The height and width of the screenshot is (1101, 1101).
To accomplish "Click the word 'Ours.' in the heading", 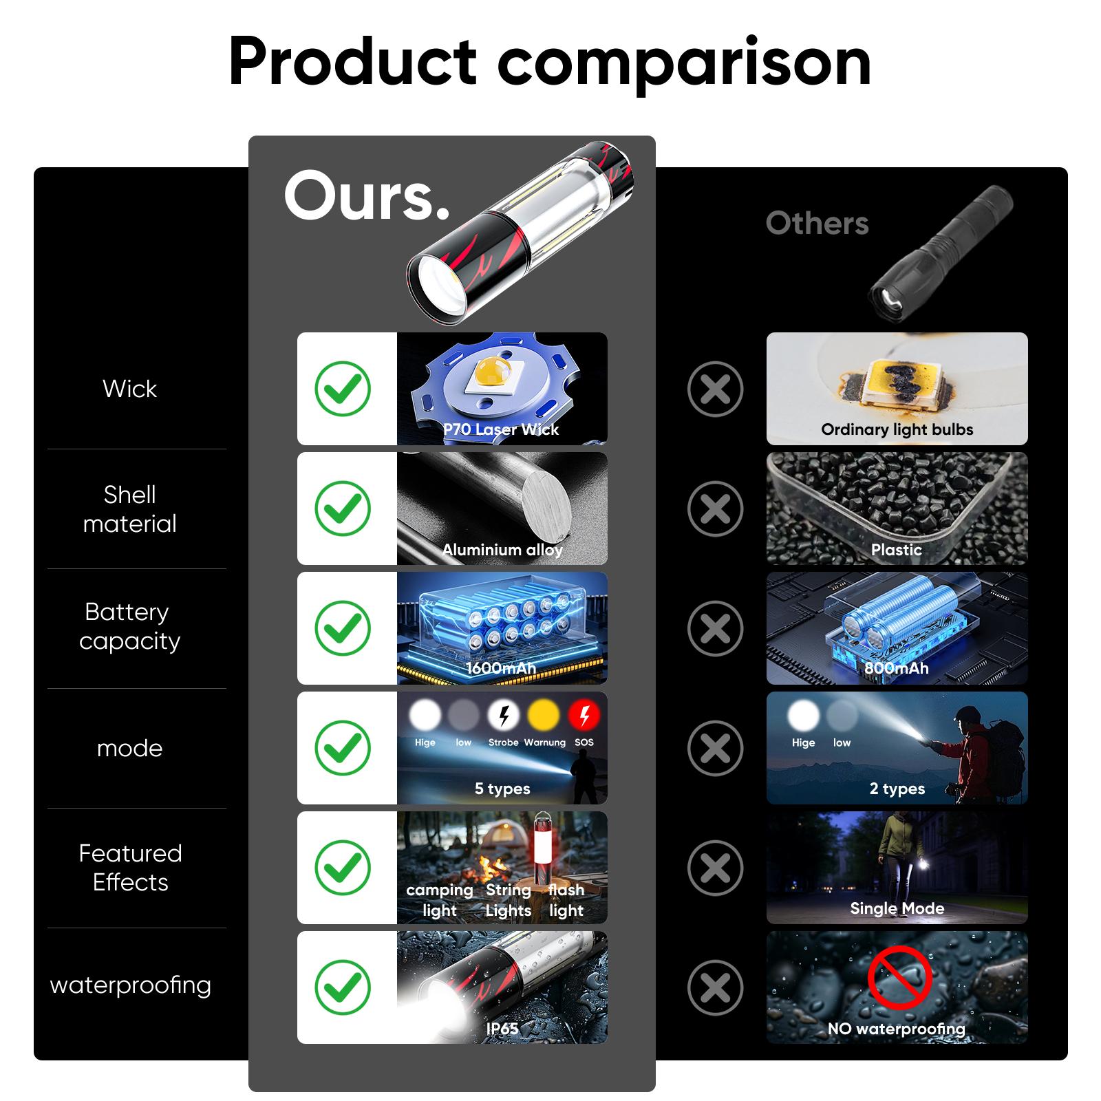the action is tap(367, 196).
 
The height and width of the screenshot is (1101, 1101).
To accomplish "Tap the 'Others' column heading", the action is tap(817, 223).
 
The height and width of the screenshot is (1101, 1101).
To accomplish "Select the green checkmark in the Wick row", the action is tap(343, 389).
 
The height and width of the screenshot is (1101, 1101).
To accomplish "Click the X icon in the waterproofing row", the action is tap(716, 987).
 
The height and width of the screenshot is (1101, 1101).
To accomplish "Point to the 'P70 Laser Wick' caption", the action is tap(501, 429).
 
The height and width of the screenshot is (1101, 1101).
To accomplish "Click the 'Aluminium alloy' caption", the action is tap(502, 550).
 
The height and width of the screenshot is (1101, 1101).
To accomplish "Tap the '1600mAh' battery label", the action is tap(501, 668).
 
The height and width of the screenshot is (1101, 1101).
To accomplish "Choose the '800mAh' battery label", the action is tap(897, 668).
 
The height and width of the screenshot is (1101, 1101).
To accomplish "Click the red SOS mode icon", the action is tap(584, 716).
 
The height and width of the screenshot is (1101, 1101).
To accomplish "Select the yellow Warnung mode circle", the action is tap(544, 716).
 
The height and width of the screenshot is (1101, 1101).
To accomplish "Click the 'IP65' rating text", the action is tap(502, 1028).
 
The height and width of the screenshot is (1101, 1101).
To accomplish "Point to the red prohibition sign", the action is tap(899, 977).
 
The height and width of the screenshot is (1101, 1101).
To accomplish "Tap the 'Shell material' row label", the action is tap(130, 509).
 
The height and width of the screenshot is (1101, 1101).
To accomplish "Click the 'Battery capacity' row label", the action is tap(129, 626).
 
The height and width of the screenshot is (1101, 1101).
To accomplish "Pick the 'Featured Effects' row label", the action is tap(131, 868).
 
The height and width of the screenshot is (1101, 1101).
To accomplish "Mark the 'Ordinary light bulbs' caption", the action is tap(897, 429).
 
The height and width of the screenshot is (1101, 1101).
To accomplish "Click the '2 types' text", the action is tap(897, 789).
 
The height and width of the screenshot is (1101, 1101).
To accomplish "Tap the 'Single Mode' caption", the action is tap(897, 908).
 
